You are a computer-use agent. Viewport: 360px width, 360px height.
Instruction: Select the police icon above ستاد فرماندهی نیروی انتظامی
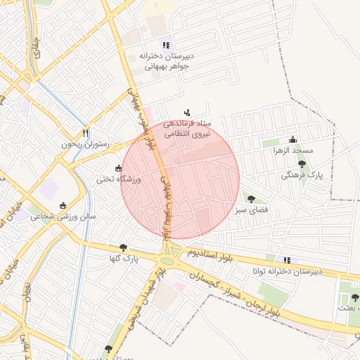[x=186, y=112]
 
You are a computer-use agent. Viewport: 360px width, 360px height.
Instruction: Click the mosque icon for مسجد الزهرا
[x=292, y=139]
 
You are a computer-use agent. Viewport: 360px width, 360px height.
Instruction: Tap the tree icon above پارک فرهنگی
[x=302, y=164]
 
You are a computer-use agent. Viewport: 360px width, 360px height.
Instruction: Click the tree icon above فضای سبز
[x=251, y=199]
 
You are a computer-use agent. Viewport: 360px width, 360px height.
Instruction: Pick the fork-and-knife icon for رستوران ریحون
[x=85, y=132]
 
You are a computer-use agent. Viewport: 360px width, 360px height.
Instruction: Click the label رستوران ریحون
[x=86, y=144]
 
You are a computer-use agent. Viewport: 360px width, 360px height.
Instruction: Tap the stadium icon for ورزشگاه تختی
[x=118, y=168]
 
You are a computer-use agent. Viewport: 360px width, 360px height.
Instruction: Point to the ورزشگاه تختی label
[x=120, y=180]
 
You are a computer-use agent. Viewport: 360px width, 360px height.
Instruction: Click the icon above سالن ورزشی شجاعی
[x=63, y=205]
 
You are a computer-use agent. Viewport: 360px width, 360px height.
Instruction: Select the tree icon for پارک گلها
[x=124, y=247]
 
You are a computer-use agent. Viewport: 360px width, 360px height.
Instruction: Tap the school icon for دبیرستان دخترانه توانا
[x=285, y=259]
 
